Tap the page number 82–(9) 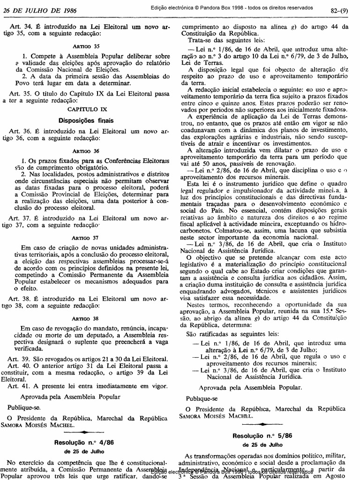tap(339, 10)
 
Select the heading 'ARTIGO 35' tap(86, 47)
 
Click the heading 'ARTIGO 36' tap(86, 152)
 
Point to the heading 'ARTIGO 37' tap(86, 237)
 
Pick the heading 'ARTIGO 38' tap(86, 318)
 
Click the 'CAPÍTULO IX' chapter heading tap(86, 109)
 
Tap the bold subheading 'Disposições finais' tap(86, 120)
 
